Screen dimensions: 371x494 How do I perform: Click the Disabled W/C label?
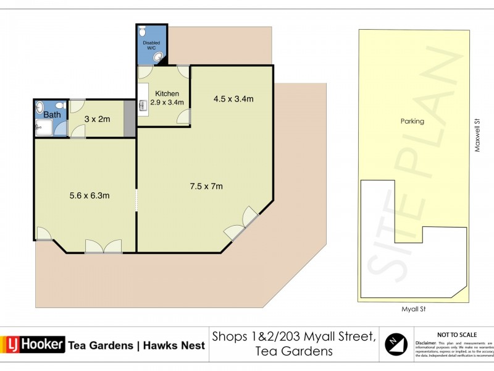click(151, 45)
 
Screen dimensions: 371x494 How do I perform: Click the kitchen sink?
click(143, 106)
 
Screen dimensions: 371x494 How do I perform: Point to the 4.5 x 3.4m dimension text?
click(234, 98)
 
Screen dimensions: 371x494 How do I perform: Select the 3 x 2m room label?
click(97, 119)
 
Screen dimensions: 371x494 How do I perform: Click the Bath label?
click(52, 114)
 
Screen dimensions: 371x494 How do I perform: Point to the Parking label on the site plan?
click(412, 121)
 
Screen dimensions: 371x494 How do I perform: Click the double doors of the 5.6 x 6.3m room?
click(103, 247)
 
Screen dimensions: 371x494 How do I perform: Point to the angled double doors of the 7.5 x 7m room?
click(242, 224)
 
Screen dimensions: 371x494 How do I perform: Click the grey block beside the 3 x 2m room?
click(128, 119)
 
